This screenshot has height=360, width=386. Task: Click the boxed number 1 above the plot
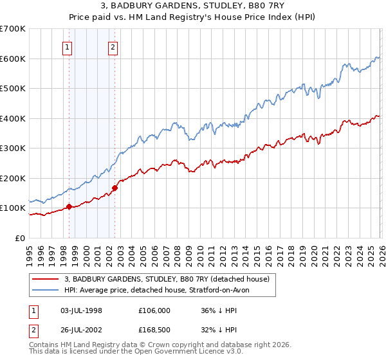(x=68, y=46)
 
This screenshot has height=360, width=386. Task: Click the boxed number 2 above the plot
(x=113, y=46)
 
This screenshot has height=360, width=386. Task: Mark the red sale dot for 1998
(x=69, y=207)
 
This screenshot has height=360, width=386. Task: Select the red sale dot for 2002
(x=115, y=188)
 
